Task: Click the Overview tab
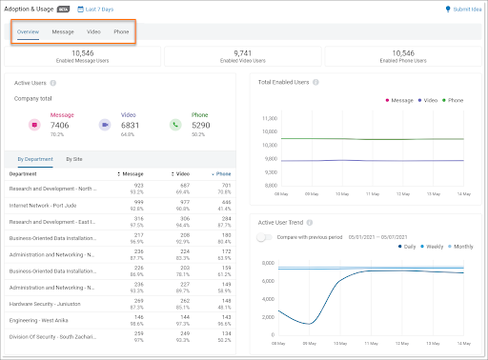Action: click(28, 31)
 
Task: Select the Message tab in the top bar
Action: click(63, 31)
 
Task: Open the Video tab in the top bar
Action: click(93, 31)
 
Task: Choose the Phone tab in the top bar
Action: click(121, 31)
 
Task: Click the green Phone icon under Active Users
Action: click(175, 124)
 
